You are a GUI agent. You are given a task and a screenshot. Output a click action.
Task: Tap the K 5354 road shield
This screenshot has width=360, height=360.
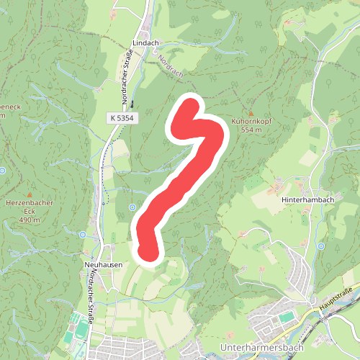click(123, 117)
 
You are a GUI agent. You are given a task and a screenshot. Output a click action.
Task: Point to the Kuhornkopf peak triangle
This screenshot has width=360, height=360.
click(250, 113)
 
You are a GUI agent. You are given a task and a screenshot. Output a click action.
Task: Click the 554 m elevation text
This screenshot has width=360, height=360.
click(250, 130)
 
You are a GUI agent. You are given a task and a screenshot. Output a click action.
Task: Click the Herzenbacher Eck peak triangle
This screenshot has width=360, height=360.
click(30, 194)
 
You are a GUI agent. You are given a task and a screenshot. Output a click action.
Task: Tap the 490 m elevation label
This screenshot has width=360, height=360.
click(30, 220)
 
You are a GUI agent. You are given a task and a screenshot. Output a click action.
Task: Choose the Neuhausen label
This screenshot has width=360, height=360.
click(102, 265)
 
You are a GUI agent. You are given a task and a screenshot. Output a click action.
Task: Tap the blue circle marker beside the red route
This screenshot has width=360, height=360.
click(132, 208)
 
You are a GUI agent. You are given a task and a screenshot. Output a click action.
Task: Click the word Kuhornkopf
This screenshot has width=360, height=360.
click(250, 122)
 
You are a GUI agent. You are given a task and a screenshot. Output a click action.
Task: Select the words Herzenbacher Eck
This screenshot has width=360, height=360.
click(30, 207)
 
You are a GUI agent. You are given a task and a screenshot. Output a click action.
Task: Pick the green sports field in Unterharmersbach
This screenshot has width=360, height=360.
click(287, 317)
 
